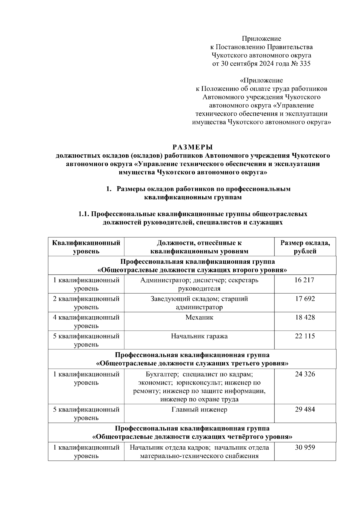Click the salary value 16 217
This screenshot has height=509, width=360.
(x=305, y=280)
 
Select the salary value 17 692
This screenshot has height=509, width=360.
(x=305, y=299)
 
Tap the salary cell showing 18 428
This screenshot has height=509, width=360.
(x=305, y=317)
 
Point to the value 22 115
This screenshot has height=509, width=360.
(x=305, y=336)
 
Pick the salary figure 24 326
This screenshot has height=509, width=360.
(x=305, y=374)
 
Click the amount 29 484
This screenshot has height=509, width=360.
(x=305, y=409)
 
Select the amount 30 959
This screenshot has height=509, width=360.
(x=305, y=448)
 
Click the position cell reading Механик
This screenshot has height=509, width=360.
(x=199, y=317)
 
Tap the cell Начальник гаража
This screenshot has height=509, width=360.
(x=199, y=336)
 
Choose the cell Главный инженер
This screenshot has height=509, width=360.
(x=199, y=409)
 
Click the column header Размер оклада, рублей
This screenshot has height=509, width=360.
(x=305, y=247)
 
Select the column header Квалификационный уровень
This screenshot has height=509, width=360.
(x=86, y=247)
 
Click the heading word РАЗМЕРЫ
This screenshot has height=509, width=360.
(x=192, y=147)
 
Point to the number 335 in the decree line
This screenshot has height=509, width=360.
(x=304, y=64)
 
